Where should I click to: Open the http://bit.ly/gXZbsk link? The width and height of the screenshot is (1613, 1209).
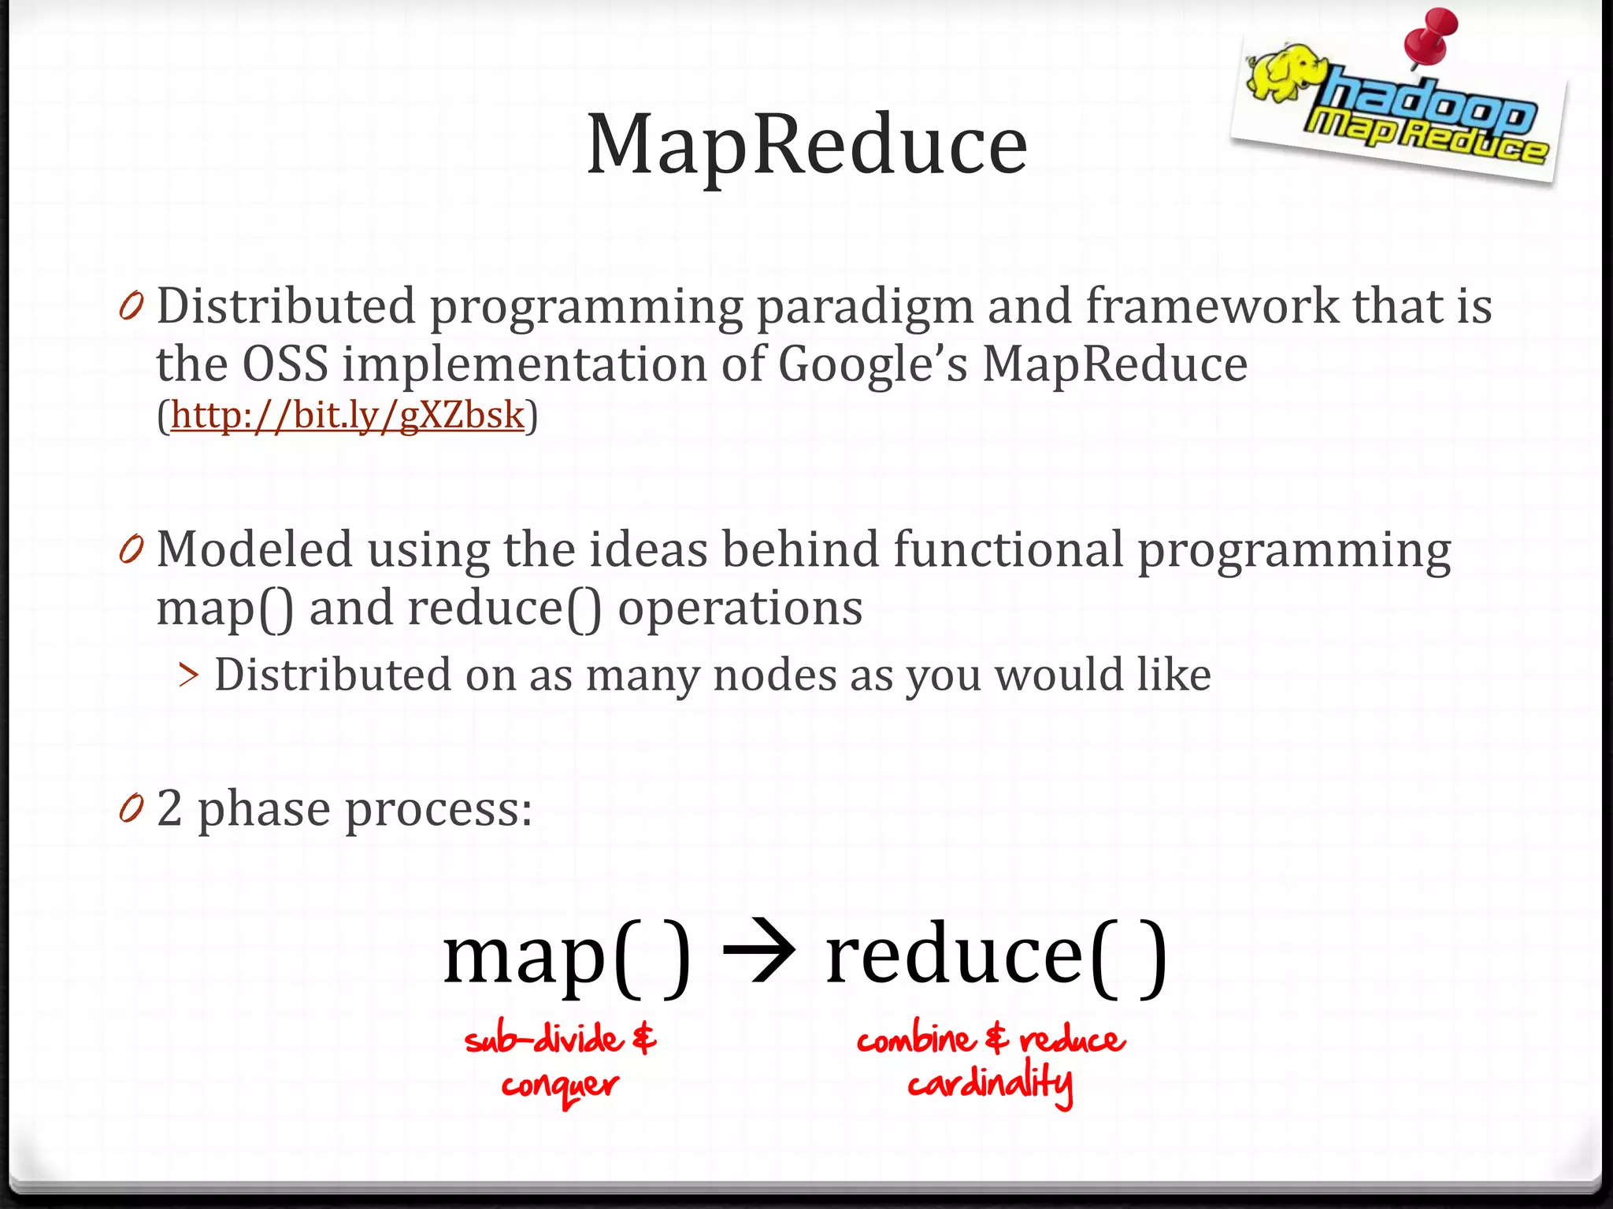[x=347, y=416]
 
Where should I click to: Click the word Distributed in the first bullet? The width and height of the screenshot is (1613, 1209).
[x=286, y=306]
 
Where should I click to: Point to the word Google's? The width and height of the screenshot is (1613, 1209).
[x=872, y=365]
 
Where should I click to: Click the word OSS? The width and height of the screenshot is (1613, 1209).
[x=284, y=365]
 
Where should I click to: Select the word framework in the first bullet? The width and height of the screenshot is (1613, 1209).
[x=1211, y=306]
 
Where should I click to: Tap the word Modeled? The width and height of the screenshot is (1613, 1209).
[x=254, y=549]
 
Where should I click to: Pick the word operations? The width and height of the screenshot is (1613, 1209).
[x=740, y=608]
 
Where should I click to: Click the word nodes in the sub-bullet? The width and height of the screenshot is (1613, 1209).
[x=774, y=675]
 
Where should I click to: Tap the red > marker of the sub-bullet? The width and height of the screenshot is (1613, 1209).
[x=188, y=675]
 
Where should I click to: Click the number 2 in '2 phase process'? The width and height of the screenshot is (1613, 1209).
[x=169, y=808]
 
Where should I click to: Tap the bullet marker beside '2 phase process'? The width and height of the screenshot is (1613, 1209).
[x=132, y=808]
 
